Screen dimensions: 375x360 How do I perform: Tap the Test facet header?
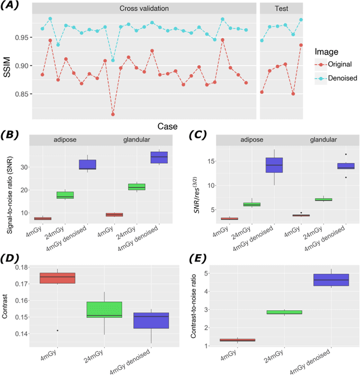pyautogui.click(x=281, y=9)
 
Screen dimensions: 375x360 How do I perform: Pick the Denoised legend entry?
pyautogui.click(x=342, y=78)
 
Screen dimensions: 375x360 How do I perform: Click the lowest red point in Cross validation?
pyautogui.click(x=113, y=114)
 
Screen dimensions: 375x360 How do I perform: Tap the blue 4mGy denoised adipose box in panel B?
pyautogui.click(x=87, y=164)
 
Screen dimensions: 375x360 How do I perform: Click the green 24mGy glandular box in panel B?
pyautogui.click(x=137, y=187)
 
